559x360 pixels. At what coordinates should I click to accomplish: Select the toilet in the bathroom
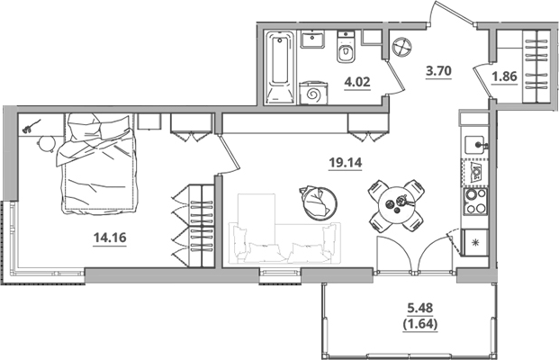tap(345, 53)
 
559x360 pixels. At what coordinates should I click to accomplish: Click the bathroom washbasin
tap(314, 41)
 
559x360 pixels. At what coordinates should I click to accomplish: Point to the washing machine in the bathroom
tap(315, 93)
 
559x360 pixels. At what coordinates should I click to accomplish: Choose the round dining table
tap(397, 205)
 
